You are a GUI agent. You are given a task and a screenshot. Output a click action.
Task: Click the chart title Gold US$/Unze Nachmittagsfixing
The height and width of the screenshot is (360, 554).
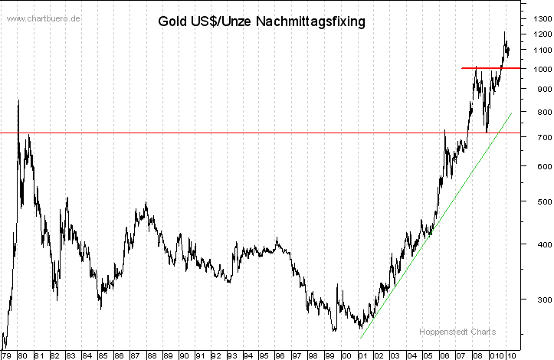(x=261, y=21)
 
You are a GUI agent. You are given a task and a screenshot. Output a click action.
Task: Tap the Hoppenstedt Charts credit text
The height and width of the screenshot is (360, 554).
(x=457, y=332)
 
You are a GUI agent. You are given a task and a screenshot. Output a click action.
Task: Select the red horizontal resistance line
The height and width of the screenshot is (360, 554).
(x=490, y=68)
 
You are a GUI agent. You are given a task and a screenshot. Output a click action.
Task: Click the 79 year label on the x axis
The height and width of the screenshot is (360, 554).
(x=6, y=355)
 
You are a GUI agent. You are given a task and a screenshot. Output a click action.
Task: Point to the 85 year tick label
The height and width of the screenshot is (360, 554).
(x=102, y=355)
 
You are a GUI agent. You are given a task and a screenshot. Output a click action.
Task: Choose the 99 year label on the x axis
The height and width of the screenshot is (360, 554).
(x=329, y=355)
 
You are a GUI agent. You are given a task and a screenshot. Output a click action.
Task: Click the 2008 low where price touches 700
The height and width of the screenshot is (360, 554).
(x=486, y=132)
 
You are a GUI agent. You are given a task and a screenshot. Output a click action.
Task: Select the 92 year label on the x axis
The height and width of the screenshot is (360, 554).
(x=215, y=355)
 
